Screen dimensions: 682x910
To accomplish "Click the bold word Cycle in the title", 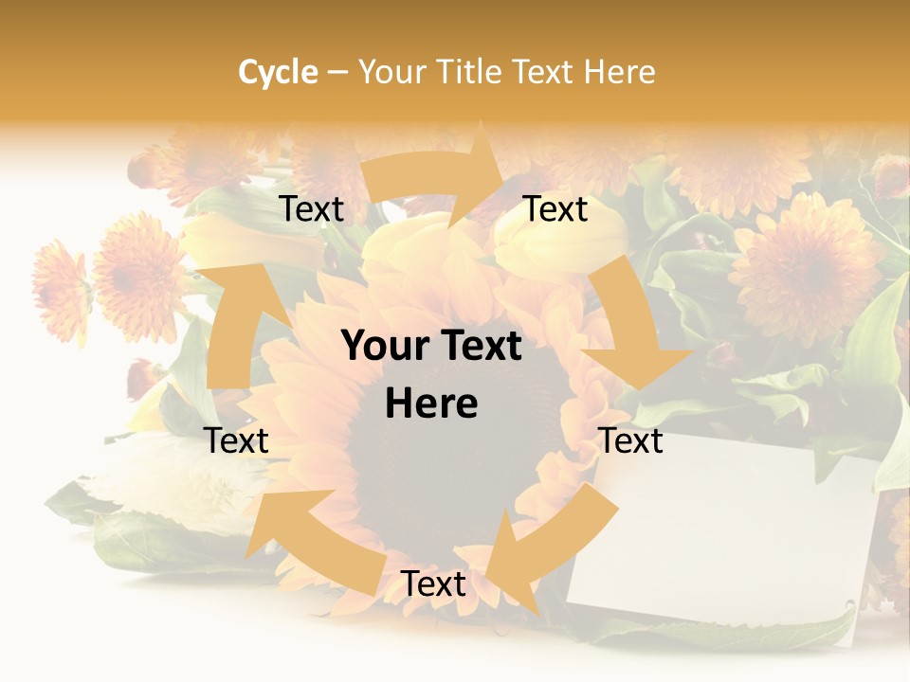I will (x=278, y=72).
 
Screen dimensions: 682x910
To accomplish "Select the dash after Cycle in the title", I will (x=337, y=72).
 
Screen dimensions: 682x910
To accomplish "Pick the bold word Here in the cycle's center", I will (x=431, y=404).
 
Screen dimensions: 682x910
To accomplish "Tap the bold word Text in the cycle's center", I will (x=481, y=347).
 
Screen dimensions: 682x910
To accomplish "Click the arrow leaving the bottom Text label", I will (x=303, y=540).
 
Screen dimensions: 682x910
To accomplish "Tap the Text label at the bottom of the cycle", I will (x=433, y=583).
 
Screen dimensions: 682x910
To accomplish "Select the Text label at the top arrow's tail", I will (x=312, y=209).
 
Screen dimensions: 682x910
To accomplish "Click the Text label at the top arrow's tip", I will (x=555, y=209).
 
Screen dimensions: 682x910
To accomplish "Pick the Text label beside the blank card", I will (x=631, y=440).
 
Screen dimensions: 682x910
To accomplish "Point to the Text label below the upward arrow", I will (x=236, y=440).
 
